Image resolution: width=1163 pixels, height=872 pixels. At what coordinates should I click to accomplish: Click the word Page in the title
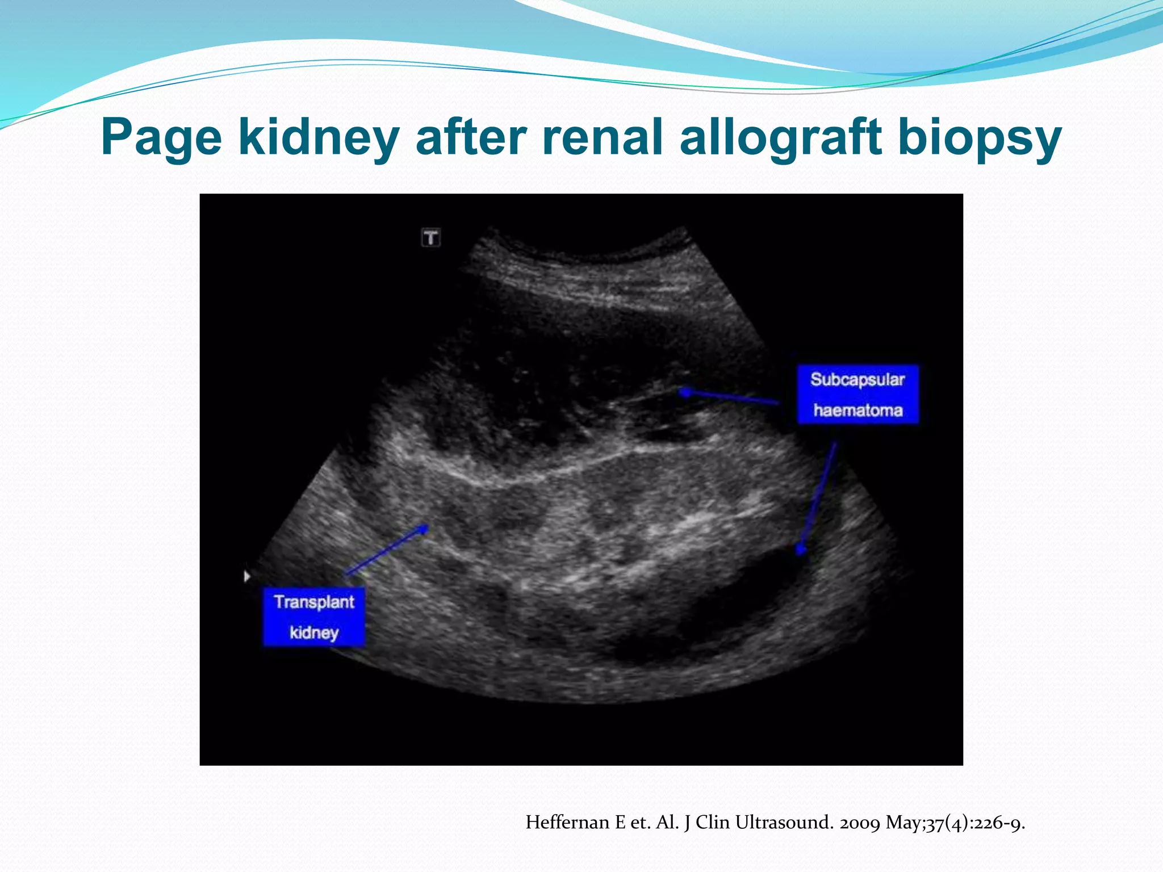coord(161,138)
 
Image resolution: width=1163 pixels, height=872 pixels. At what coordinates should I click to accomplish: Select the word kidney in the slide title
coord(318,138)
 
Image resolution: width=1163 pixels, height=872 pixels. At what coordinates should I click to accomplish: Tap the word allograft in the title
coord(781,138)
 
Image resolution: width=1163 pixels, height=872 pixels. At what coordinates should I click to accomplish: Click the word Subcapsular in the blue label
coord(857,379)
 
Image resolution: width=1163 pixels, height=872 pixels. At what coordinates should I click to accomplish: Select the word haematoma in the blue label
coord(857,410)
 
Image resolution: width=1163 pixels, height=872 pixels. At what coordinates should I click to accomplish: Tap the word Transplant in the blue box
coord(314,602)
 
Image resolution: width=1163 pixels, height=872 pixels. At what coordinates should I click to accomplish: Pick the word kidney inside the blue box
coord(314,632)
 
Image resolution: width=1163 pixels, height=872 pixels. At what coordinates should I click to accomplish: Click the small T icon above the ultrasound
coord(431,237)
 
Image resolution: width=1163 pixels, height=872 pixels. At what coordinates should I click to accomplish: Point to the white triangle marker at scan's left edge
coord(246,576)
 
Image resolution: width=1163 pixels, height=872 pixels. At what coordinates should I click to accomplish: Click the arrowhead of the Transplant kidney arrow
coord(424,527)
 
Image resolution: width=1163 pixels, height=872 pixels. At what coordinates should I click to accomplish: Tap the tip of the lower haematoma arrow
coord(801,550)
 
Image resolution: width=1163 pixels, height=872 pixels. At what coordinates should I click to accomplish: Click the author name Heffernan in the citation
coord(568,822)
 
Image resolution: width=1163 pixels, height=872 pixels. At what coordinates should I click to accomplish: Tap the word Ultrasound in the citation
coord(784,822)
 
